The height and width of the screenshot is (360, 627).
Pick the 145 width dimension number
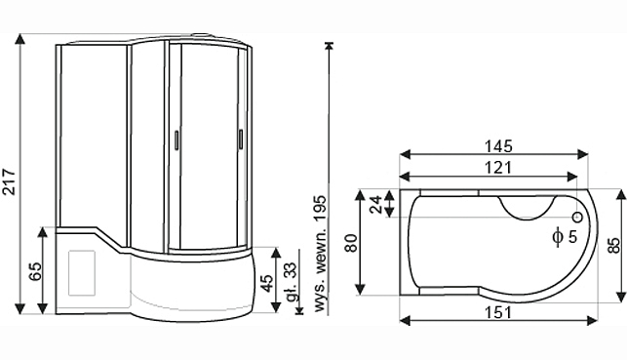point(496,145)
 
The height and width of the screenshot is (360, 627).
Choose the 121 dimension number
point(496,168)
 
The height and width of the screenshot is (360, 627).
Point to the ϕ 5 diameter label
point(564,236)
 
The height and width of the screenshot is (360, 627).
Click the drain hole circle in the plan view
point(576,219)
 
